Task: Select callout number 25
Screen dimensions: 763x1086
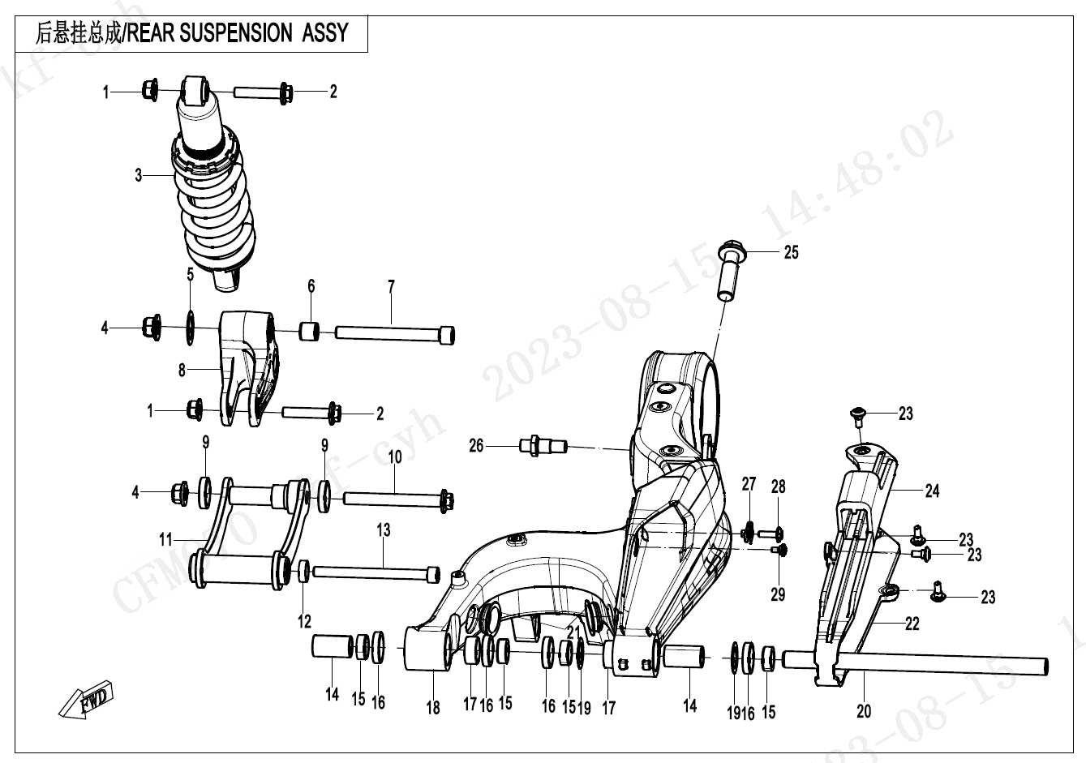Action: [791, 252]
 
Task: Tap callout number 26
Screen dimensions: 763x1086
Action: [476, 445]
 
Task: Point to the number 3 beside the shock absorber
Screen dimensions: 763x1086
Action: [139, 175]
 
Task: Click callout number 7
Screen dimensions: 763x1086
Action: [391, 287]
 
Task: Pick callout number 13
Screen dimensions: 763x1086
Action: [383, 530]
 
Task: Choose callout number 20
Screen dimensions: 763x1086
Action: [864, 711]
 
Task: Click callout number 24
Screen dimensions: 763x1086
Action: [932, 491]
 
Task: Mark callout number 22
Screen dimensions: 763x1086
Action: [912, 624]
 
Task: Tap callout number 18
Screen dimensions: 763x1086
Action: [433, 708]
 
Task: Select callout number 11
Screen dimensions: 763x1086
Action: [166, 538]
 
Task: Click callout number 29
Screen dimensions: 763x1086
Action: [778, 595]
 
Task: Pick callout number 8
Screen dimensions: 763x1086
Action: [182, 371]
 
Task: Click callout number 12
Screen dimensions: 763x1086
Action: [304, 622]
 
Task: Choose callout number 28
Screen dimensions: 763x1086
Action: [778, 487]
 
